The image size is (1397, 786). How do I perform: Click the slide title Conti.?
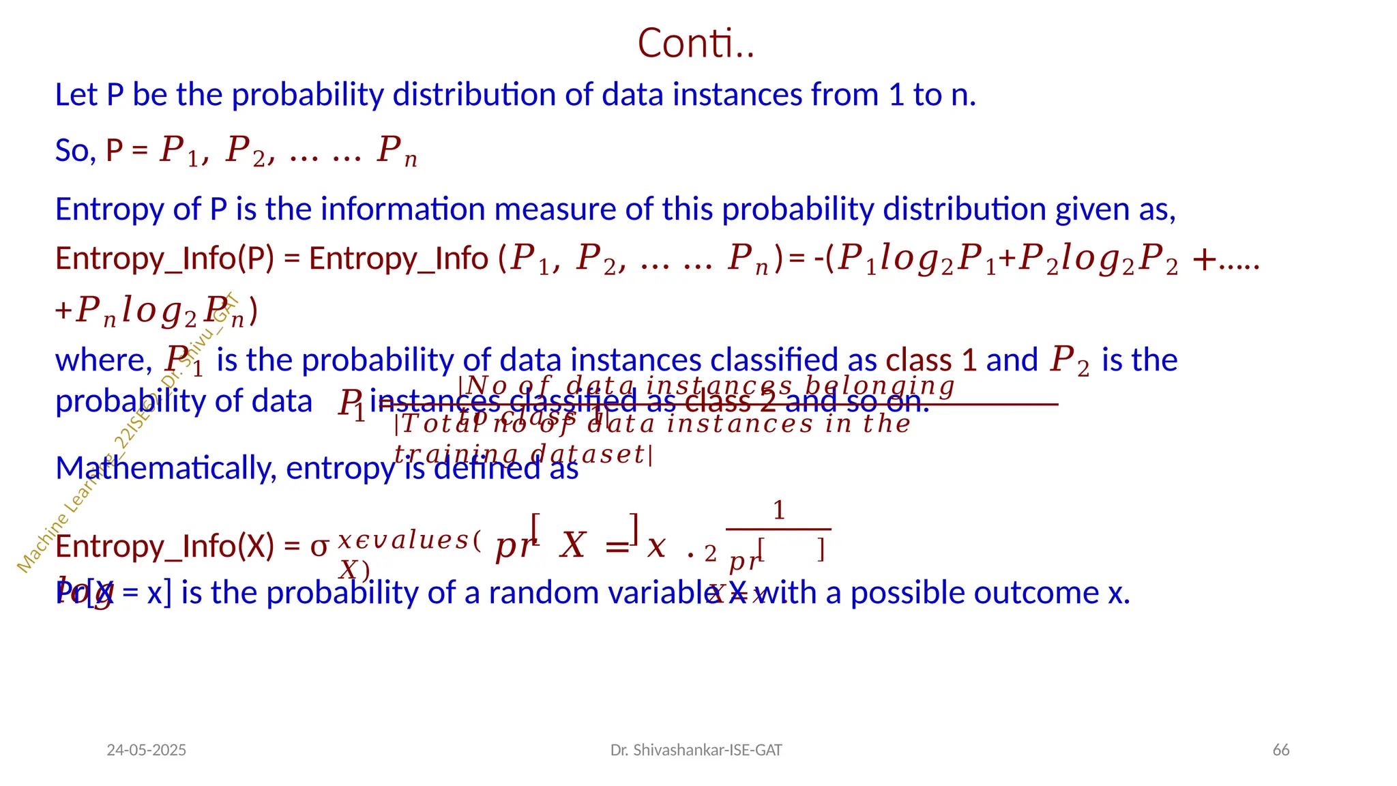pos(695,43)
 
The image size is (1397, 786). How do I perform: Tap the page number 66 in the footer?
pos(1280,750)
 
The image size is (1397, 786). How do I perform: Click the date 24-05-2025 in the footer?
pos(146,750)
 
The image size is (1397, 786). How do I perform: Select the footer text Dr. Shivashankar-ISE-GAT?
pos(696,750)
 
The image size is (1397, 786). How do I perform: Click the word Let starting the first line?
pos(76,95)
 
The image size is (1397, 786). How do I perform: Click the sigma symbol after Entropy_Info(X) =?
pos(319,547)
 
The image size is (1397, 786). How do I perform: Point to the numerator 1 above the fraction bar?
pos(778,510)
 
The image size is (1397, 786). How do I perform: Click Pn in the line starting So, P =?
pos(396,151)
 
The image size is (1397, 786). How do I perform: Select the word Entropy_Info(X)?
pos(164,547)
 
